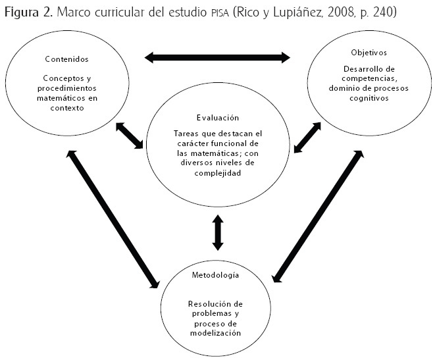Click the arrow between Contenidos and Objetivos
pos(217,58)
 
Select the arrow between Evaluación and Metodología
pos(217,233)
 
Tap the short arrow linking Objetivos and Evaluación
pos(307,137)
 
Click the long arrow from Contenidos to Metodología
pos(113,219)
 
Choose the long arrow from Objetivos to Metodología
pos(318,216)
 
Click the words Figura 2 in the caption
pos(29,13)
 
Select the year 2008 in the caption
pos(338,13)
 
